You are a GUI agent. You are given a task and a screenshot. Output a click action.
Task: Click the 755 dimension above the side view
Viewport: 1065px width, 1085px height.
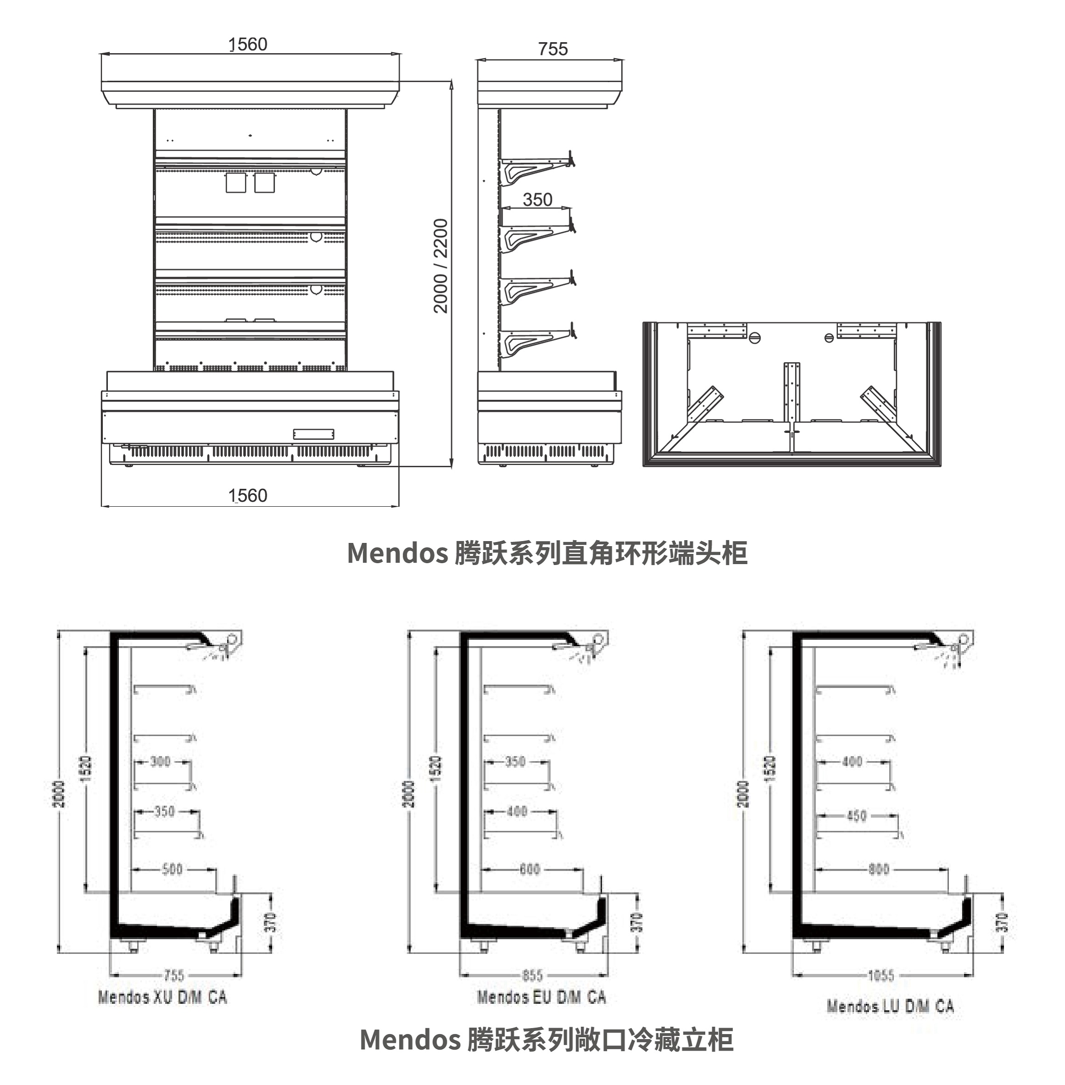553,49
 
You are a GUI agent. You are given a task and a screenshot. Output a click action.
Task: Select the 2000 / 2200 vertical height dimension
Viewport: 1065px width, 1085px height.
441,266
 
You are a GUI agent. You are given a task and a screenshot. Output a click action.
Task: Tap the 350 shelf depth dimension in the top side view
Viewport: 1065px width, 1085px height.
538,200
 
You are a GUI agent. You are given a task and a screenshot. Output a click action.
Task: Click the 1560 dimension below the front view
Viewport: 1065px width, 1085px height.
248,496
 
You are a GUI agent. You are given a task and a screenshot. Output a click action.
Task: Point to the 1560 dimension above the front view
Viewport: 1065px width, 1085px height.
248,44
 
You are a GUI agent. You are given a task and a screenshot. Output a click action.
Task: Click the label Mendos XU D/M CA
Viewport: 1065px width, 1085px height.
162,997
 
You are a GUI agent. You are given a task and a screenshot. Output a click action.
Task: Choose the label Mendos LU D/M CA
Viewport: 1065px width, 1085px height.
890,1006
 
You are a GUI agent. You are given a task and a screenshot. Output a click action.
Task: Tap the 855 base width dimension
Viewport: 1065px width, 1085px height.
532,976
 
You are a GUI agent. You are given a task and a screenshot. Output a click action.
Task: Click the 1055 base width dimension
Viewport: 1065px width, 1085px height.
881,976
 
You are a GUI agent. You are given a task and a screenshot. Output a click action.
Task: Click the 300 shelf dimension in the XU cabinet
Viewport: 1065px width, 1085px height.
161,761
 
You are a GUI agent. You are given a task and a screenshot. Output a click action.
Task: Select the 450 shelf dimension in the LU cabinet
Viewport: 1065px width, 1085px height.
857,816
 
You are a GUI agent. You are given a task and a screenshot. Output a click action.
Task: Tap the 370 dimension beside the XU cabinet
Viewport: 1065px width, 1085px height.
270,922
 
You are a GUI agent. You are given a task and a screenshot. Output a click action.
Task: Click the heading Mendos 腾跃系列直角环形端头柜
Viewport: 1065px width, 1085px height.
547,553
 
